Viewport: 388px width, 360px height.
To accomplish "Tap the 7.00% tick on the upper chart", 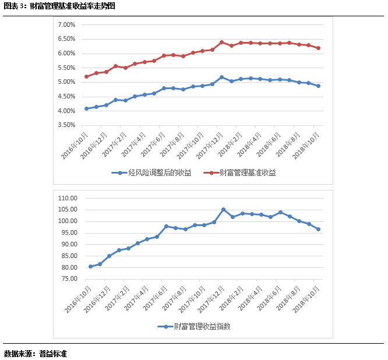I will [66, 25].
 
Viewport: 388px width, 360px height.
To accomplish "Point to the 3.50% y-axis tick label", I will [66, 125].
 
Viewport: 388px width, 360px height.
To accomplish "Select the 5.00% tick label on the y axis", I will [66, 82].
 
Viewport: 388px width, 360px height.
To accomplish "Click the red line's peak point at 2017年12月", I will [221, 42].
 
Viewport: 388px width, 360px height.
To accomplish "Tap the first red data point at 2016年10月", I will [87, 76].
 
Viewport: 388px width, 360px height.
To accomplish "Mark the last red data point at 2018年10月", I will [318, 48].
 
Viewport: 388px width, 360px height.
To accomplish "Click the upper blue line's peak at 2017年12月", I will [221, 77].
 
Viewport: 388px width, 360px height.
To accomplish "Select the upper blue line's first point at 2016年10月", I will [87, 108].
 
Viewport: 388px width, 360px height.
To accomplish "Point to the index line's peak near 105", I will [223, 209].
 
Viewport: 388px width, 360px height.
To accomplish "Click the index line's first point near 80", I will [90, 266].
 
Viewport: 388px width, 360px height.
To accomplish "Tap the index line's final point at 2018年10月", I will [318, 229].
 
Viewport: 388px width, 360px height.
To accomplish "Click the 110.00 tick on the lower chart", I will [68, 198].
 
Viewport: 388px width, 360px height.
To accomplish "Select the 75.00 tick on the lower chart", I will [70, 279].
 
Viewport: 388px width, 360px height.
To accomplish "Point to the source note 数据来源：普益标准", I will [36, 353].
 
